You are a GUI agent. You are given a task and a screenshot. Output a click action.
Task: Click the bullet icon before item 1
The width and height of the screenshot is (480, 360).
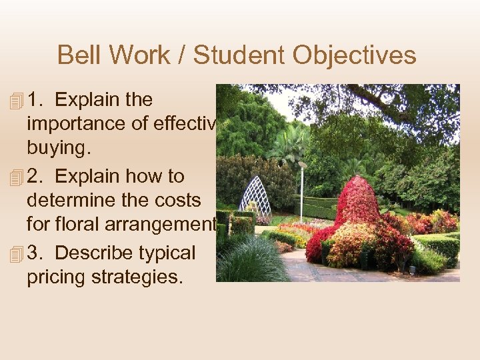(x=17, y=101)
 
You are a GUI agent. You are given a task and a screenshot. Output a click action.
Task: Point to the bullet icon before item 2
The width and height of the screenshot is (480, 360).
(x=17, y=177)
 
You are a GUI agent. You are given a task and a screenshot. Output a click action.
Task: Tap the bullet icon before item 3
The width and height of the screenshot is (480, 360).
(x=17, y=254)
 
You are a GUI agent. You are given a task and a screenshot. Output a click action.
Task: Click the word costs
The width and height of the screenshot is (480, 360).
(x=177, y=201)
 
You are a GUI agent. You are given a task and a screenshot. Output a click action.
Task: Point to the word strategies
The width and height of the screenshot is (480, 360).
(x=141, y=277)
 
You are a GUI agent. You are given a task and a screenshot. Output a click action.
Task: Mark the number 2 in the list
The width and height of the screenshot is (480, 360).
(x=35, y=177)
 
